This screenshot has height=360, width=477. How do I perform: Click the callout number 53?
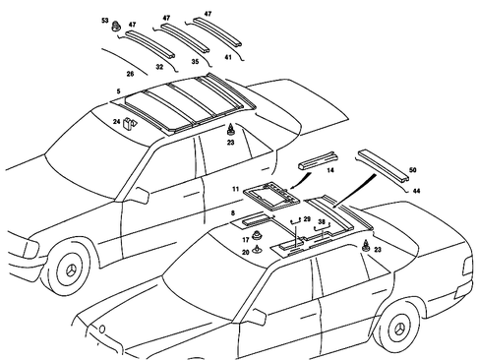tap(105, 20)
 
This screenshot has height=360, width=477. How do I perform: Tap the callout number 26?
tap(130, 73)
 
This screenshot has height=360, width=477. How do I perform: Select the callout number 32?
tap(159, 67)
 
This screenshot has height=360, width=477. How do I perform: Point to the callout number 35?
tap(194, 61)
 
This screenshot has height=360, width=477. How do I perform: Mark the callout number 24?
tap(117, 122)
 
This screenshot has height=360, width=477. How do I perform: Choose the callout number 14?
tap(329, 169)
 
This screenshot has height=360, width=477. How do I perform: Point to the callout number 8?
tap(233, 211)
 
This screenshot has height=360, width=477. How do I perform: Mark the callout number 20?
tap(246, 251)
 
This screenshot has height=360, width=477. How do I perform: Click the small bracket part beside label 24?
tap(129, 123)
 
